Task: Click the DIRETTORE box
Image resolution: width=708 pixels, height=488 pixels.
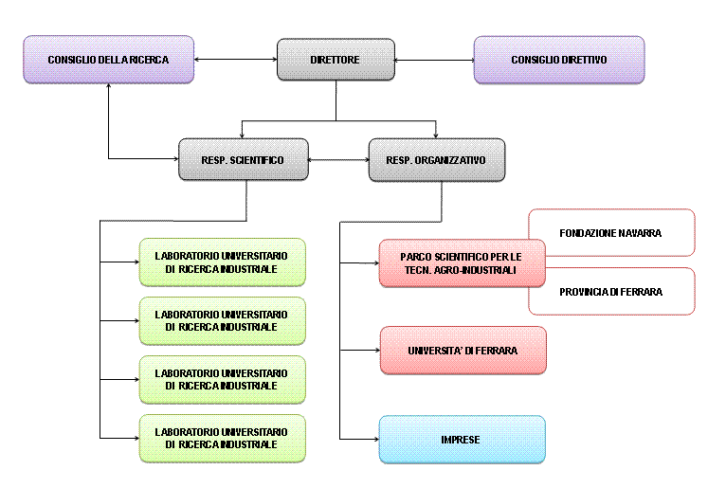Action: click(x=336, y=60)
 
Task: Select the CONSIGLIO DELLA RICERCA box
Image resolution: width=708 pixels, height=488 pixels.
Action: click(x=108, y=60)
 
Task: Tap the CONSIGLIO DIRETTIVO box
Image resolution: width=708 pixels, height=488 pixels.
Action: click(x=558, y=60)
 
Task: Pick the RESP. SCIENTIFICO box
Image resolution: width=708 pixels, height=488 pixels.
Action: click(x=244, y=160)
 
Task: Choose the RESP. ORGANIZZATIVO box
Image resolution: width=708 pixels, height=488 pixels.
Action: click(x=436, y=160)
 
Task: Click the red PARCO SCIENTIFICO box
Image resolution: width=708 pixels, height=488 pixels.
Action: click(x=462, y=263)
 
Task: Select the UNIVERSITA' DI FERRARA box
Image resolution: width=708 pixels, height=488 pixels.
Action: click(x=463, y=351)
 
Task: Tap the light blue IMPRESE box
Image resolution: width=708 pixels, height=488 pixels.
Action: click(x=463, y=440)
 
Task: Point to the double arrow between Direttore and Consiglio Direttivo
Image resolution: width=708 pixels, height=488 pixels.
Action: click(x=434, y=60)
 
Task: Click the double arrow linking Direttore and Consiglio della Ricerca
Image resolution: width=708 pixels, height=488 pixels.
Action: click(x=235, y=60)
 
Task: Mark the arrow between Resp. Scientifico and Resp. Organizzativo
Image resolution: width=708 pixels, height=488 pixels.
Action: click(x=338, y=160)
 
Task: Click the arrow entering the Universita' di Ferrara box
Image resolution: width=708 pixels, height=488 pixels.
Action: click(x=360, y=351)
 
